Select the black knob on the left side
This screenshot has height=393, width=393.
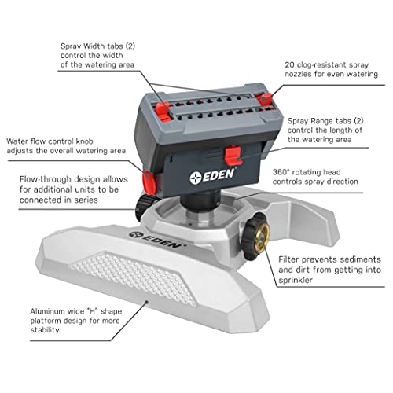(x=145, y=208)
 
